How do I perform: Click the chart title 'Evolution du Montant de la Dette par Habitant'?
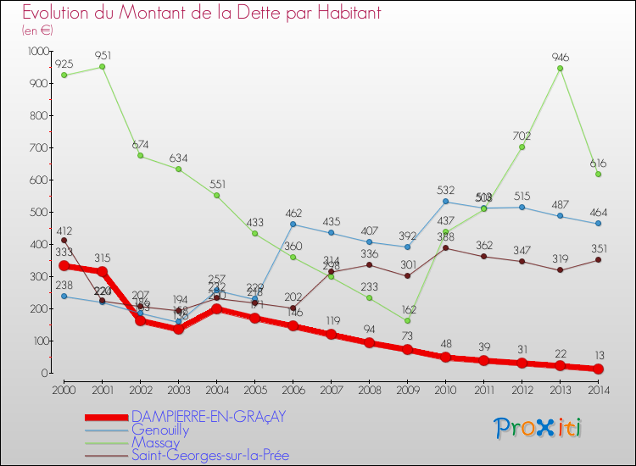click(x=201, y=13)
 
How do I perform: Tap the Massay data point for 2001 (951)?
click(x=102, y=67)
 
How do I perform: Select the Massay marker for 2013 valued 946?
click(x=560, y=69)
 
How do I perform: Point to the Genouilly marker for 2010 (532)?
click(x=445, y=202)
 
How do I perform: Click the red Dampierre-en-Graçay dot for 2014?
click(x=598, y=369)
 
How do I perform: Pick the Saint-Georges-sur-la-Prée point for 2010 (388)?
click(x=445, y=248)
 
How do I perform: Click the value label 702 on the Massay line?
click(x=522, y=136)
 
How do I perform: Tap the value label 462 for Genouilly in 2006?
click(x=293, y=213)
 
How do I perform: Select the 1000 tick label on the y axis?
click(x=39, y=51)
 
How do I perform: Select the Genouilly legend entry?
click(x=159, y=430)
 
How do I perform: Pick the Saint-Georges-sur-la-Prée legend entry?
click(x=209, y=455)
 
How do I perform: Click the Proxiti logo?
click(x=538, y=428)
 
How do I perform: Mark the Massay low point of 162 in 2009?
click(x=407, y=320)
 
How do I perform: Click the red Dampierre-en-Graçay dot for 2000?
click(x=64, y=266)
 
